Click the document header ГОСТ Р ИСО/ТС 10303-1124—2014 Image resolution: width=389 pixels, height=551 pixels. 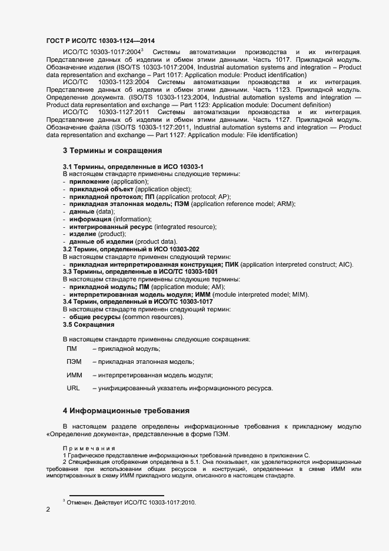pyautogui.click(x=101, y=40)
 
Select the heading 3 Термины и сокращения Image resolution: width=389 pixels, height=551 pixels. pyautogui.click(x=112, y=151)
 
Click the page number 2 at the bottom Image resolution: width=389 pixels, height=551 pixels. pyautogui.click(x=48, y=510)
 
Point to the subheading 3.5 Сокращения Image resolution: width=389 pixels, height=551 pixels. pyautogui.click(x=88, y=324)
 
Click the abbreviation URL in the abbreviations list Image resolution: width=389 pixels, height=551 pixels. pyautogui.click(x=74, y=389)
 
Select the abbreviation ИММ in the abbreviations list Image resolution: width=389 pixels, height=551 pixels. pyautogui.click(x=75, y=375)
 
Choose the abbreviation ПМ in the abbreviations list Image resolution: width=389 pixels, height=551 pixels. pyautogui.click(x=72, y=349)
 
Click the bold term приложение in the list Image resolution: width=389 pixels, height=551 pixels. pyautogui.click(x=89, y=182)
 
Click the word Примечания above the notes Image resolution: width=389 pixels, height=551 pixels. pyautogui.click(x=89, y=449)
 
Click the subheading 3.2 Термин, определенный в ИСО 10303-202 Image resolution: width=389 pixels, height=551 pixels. pyautogui.click(x=131, y=250)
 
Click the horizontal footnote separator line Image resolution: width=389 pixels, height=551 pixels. pyautogui.click(x=117, y=495)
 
